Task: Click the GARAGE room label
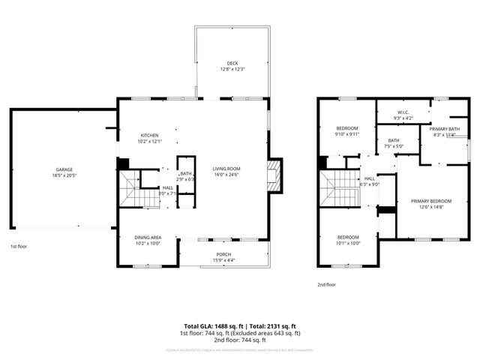(x=64, y=170)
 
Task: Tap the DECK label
(x=233, y=63)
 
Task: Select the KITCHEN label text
(x=148, y=136)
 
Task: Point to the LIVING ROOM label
(x=225, y=169)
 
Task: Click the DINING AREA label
(x=148, y=238)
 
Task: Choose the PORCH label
(x=223, y=255)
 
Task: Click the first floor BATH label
(x=185, y=174)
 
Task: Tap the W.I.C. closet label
(x=403, y=113)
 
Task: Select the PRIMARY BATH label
(x=444, y=130)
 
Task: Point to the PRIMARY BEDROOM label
(x=430, y=201)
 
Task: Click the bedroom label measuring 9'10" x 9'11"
(x=347, y=128)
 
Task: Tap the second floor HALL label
(x=370, y=178)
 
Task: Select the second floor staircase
(x=340, y=189)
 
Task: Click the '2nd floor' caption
(x=327, y=285)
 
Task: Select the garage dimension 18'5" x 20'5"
(x=64, y=175)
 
